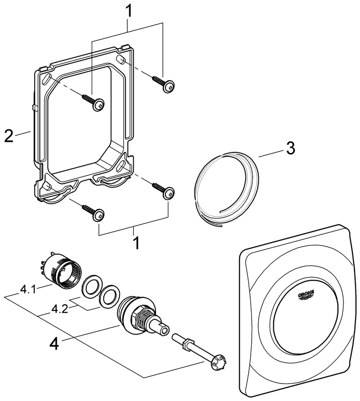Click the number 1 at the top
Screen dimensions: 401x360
(x=129, y=10)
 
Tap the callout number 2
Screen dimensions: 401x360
(x=9, y=136)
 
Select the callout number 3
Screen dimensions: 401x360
(x=290, y=148)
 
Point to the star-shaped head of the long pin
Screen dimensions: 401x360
(x=218, y=361)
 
